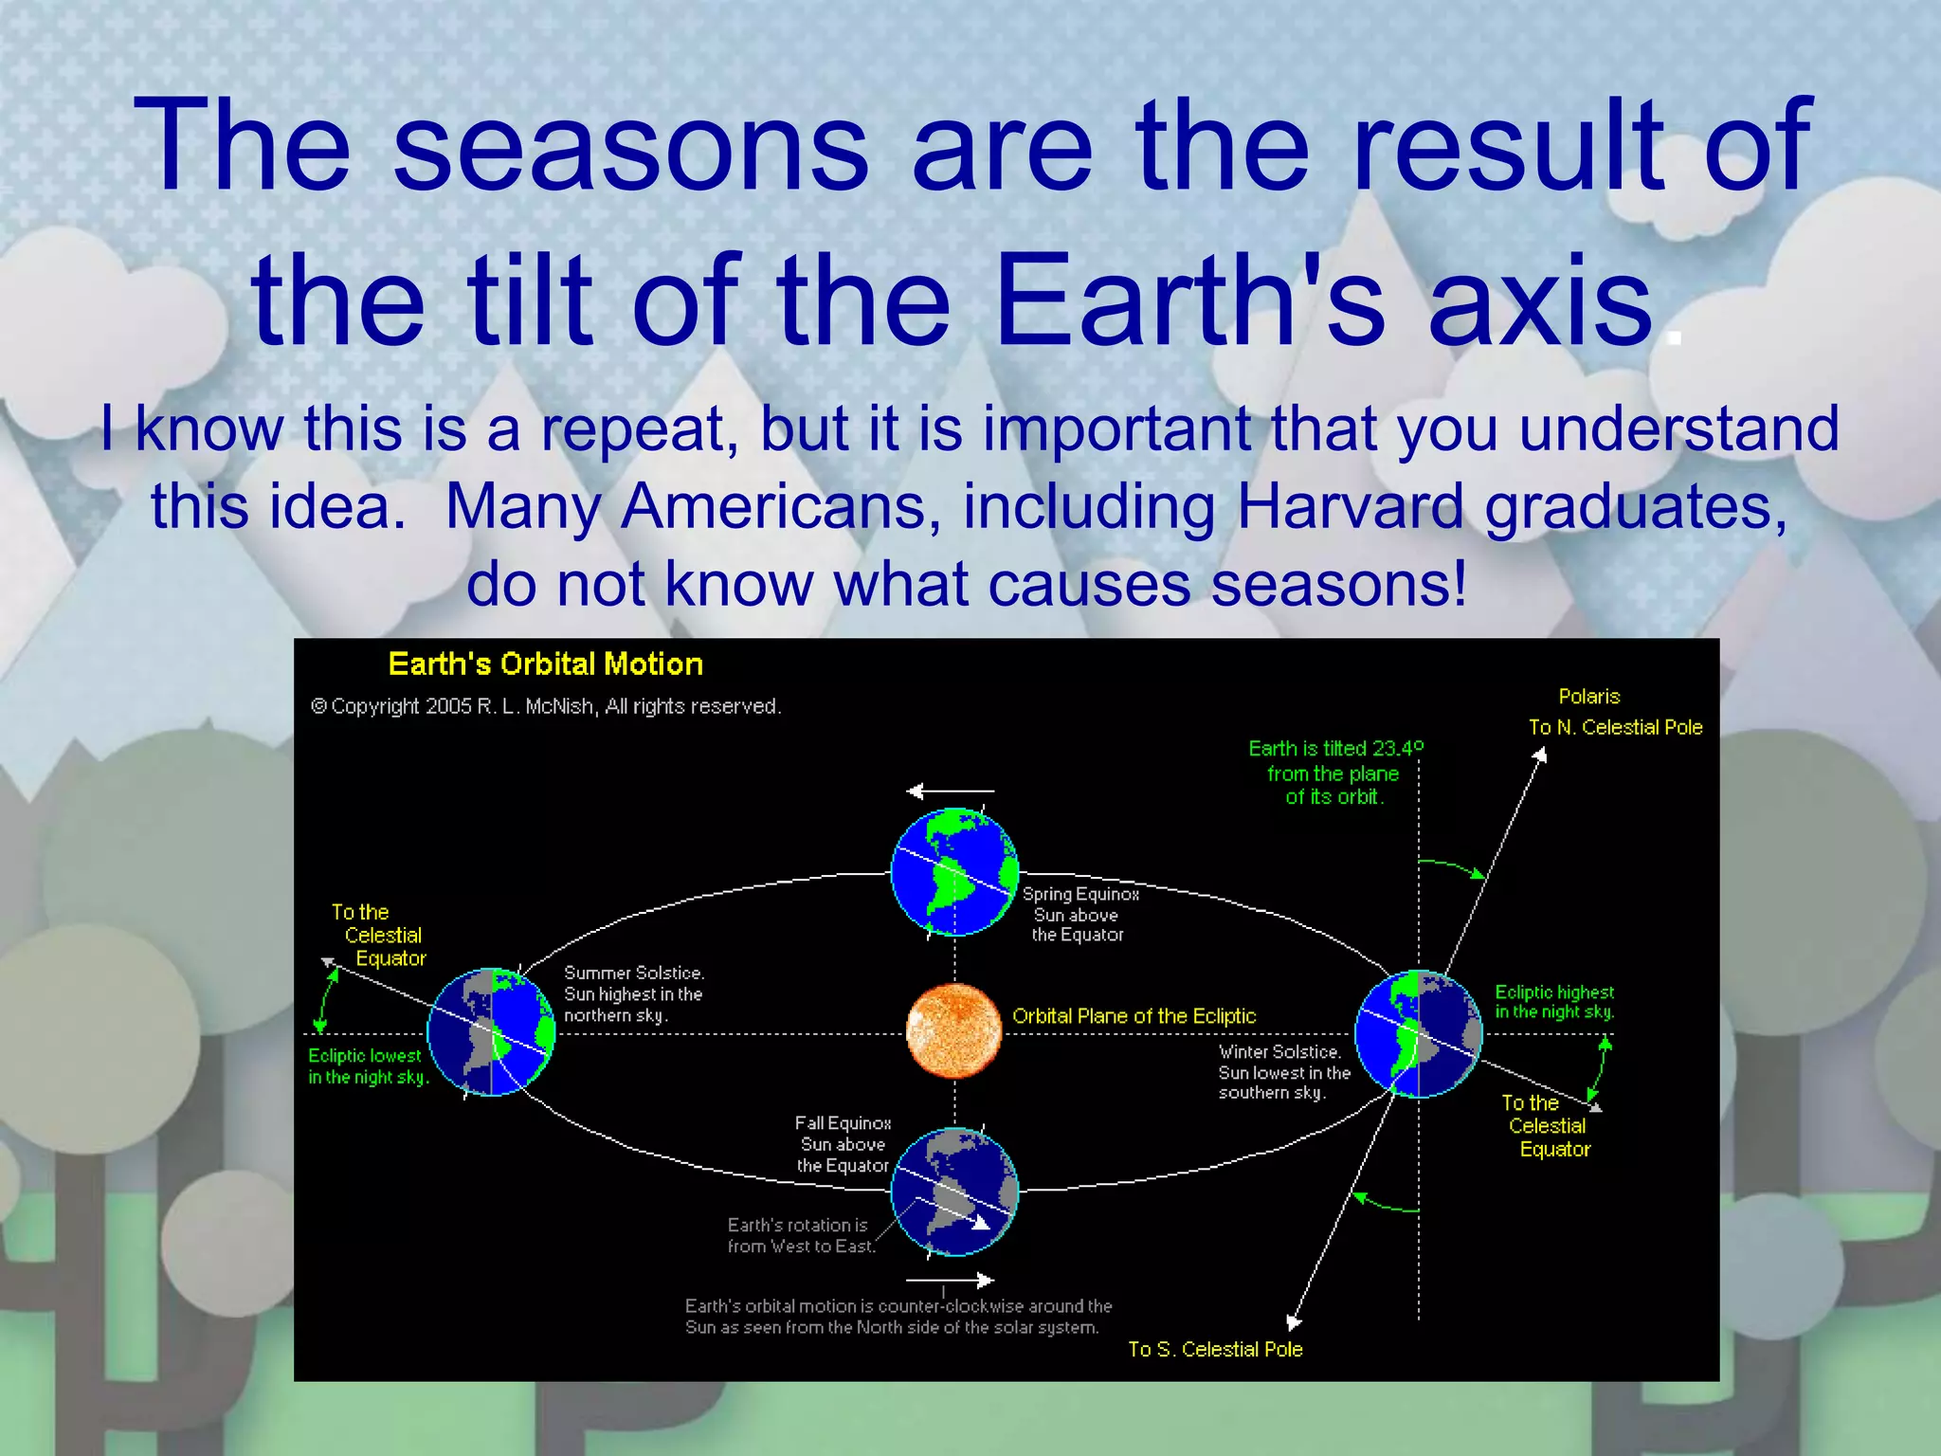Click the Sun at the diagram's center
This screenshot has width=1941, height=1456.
pyautogui.click(x=953, y=1031)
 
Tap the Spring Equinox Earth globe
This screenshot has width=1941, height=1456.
pyautogui.click(x=954, y=871)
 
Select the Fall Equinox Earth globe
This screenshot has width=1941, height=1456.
pyautogui.click(x=954, y=1191)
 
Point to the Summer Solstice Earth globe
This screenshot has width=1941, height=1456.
pyautogui.click(x=491, y=1032)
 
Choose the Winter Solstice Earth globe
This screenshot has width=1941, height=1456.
pyautogui.click(x=1418, y=1033)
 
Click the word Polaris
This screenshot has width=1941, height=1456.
pyautogui.click(x=1588, y=697)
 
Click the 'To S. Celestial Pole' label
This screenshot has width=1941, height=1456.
pyautogui.click(x=1215, y=1349)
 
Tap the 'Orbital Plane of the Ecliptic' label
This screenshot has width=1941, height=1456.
pyautogui.click(x=1134, y=1016)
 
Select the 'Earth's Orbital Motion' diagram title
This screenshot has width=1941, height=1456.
pyautogui.click(x=545, y=664)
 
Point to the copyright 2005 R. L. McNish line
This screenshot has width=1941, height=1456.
pyautogui.click(x=546, y=706)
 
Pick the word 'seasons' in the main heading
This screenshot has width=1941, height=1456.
pyautogui.click(x=629, y=146)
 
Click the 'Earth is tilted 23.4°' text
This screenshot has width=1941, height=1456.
pyautogui.click(x=1334, y=749)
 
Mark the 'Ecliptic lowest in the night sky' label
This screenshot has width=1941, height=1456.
pyautogui.click(x=368, y=1066)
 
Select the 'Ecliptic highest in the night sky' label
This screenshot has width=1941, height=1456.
pyautogui.click(x=1554, y=1002)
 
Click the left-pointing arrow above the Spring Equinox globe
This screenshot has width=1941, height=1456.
pyautogui.click(x=950, y=791)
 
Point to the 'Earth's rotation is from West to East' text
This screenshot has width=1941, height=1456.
pyautogui.click(x=799, y=1236)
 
